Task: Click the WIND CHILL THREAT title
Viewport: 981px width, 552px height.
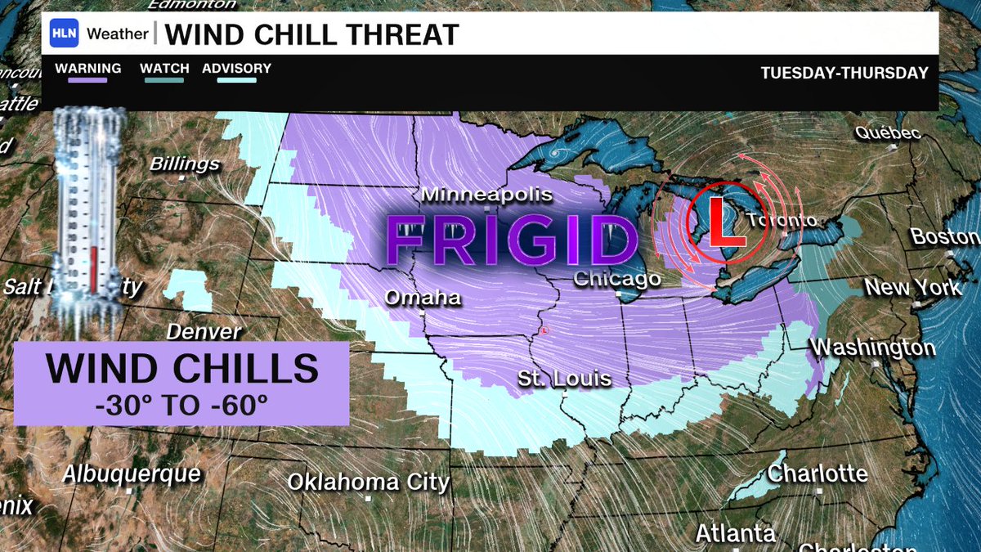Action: [311, 35]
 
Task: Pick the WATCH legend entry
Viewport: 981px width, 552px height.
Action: [164, 69]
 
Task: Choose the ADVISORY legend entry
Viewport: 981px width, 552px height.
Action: [236, 69]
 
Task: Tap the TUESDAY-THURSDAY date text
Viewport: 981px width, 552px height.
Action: [844, 73]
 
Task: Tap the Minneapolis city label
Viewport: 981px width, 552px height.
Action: [487, 195]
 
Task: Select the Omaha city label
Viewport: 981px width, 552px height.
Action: [423, 298]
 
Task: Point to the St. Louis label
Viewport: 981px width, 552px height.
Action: [564, 379]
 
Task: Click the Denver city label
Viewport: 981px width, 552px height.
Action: [204, 332]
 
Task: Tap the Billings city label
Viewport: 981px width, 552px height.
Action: [185, 164]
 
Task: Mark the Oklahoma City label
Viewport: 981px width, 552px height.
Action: [368, 482]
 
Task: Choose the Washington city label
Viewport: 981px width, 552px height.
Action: [872, 348]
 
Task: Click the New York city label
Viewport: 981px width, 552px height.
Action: [913, 288]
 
